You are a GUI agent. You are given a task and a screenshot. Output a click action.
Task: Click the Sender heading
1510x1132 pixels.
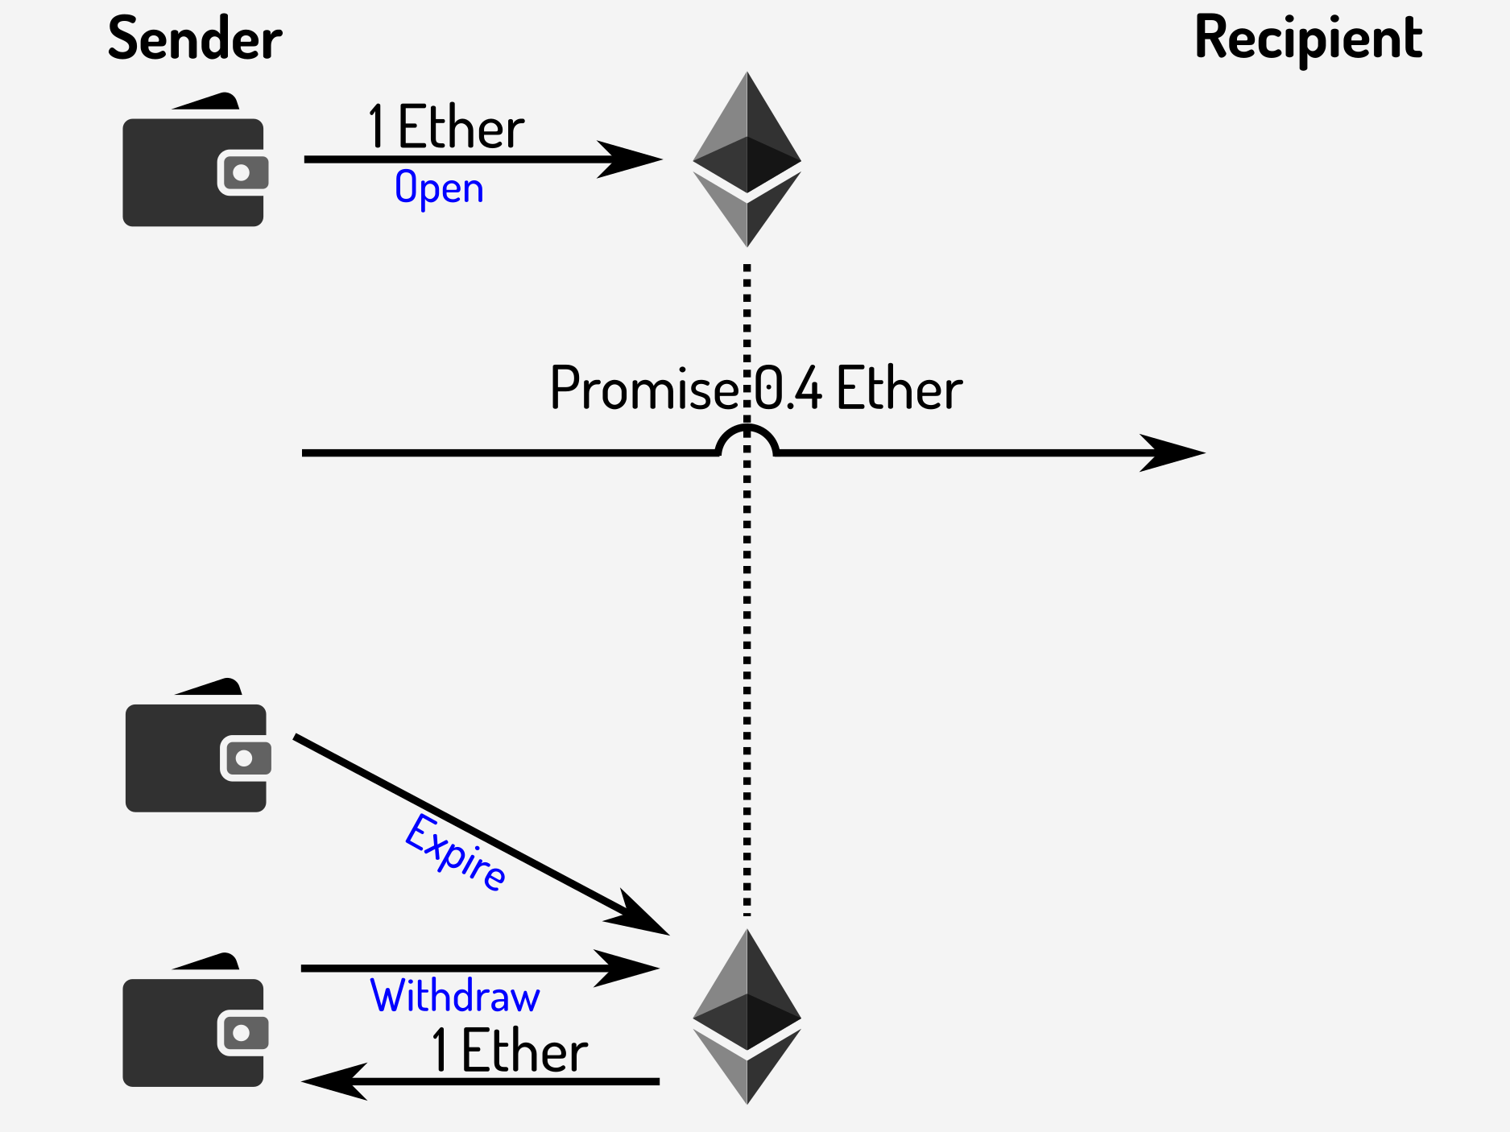[195, 39]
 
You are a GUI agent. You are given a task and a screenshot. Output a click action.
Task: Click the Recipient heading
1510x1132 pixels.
[1309, 39]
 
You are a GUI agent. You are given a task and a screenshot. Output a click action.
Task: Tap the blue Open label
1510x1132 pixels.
[439, 188]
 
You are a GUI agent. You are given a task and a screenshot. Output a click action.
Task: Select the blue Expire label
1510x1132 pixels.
[456, 853]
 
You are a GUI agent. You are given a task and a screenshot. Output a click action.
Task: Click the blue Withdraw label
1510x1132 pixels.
[455, 997]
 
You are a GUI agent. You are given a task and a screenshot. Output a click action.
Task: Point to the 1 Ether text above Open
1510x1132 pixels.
[445, 127]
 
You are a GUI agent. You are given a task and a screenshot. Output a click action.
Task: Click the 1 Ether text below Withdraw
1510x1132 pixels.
[509, 1051]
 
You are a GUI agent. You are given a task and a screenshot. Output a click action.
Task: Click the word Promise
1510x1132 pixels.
[643, 389]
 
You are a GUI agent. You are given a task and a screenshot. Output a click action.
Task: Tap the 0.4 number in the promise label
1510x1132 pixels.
[788, 389]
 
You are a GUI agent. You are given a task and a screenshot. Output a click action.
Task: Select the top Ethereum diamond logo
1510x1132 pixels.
[747, 159]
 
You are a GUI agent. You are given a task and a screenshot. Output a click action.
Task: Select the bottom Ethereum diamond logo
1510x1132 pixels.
[747, 1016]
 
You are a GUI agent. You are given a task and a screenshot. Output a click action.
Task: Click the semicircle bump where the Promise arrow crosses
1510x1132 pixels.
[747, 439]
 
